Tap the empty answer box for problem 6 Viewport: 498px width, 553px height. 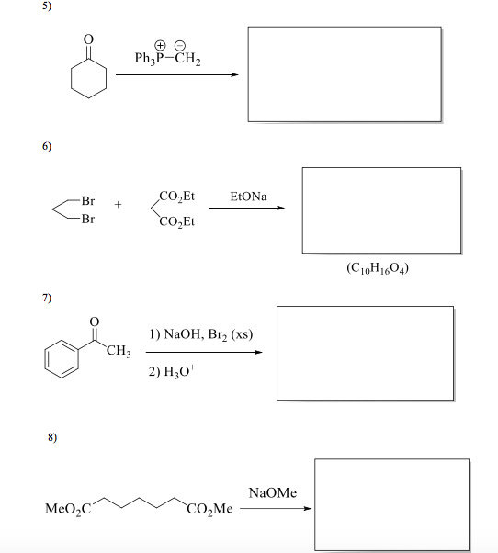(381, 210)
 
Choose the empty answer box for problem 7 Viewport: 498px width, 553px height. (365, 353)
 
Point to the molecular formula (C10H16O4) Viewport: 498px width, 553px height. (380, 270)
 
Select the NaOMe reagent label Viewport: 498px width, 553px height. (273, 493)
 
